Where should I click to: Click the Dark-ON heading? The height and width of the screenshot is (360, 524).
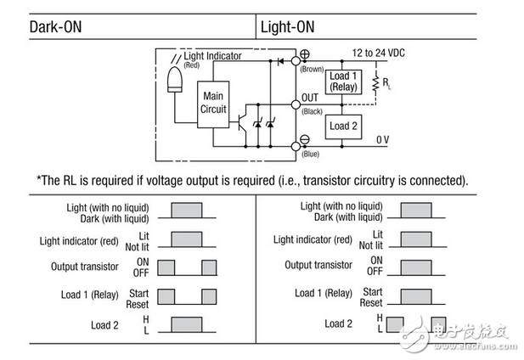tap(55, 27)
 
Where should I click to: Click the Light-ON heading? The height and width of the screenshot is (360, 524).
tap(287, 27)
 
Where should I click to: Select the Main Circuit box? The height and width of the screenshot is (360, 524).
tap(213, 104)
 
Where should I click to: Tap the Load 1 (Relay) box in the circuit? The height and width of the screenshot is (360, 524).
tap(343, 82)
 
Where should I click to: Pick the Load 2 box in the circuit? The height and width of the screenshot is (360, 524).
tap(343, 127)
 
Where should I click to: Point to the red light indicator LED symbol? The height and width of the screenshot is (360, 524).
tap(175, 80)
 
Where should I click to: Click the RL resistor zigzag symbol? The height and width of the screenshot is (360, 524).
tap(376, 83)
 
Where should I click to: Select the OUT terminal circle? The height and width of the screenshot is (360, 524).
tap(296, 105)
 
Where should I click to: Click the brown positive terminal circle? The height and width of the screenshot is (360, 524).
tap(296, 61)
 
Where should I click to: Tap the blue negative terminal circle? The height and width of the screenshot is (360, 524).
tap(296, 146)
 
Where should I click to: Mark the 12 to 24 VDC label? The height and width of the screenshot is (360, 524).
tap(378, 53)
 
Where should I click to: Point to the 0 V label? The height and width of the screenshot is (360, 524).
tap(383, 139)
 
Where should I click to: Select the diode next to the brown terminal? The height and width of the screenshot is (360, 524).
tap(281, 61)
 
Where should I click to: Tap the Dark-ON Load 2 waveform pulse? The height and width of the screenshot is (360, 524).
tap(187, 324)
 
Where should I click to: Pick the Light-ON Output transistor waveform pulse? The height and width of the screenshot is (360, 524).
tap(416, 267)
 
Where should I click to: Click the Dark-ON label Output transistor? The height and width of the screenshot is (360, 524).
tap(85, 267)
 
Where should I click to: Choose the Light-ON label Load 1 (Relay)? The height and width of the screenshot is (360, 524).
tap(324, 293)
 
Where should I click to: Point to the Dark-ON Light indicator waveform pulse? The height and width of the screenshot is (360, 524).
tap(187, 239)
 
